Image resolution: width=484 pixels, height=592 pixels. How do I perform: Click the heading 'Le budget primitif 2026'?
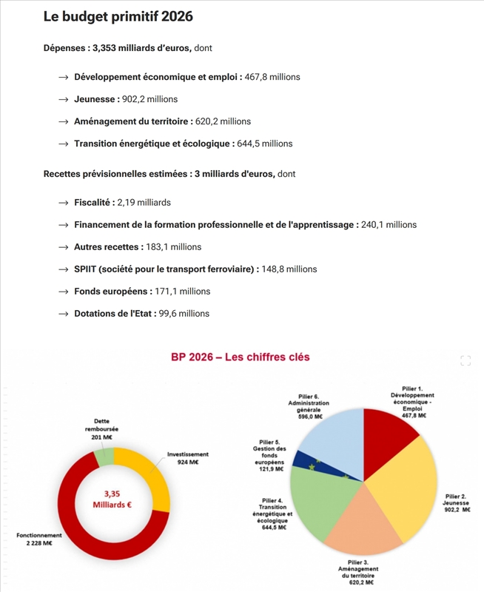point(118,17)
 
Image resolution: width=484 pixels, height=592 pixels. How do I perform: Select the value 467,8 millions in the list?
point(272,77)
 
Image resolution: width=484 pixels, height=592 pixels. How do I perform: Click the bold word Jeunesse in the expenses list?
point(95,99)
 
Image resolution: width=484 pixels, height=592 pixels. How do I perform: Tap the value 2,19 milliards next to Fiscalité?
point(144,203)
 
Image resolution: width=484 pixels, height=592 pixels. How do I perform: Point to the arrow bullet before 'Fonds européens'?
point(64,292)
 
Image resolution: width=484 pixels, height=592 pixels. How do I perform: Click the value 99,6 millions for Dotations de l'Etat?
point(184,314)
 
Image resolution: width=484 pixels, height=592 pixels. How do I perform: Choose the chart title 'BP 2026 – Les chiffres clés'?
point(240,357)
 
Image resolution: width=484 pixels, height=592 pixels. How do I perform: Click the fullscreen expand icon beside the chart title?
point(465,360)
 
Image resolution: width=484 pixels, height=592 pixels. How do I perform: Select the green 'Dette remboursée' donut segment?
point(104,457)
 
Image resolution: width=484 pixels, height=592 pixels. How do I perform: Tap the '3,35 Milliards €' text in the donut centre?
point(112,499)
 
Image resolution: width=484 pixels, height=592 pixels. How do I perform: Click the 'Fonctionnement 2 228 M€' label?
point(39,539)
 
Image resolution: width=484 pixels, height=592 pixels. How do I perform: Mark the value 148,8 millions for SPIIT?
point(289,269)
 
